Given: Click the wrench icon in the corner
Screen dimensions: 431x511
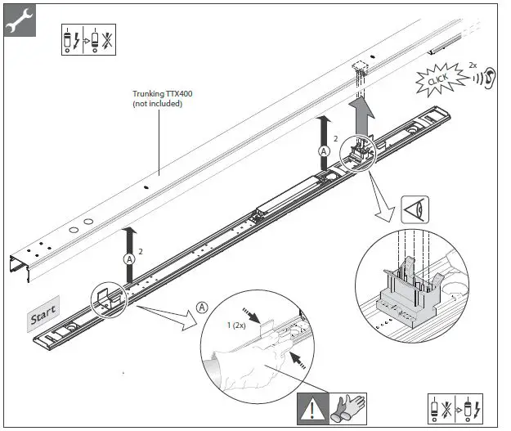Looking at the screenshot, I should (18, 20).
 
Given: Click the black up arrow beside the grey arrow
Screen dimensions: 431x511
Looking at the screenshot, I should (323, 132).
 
